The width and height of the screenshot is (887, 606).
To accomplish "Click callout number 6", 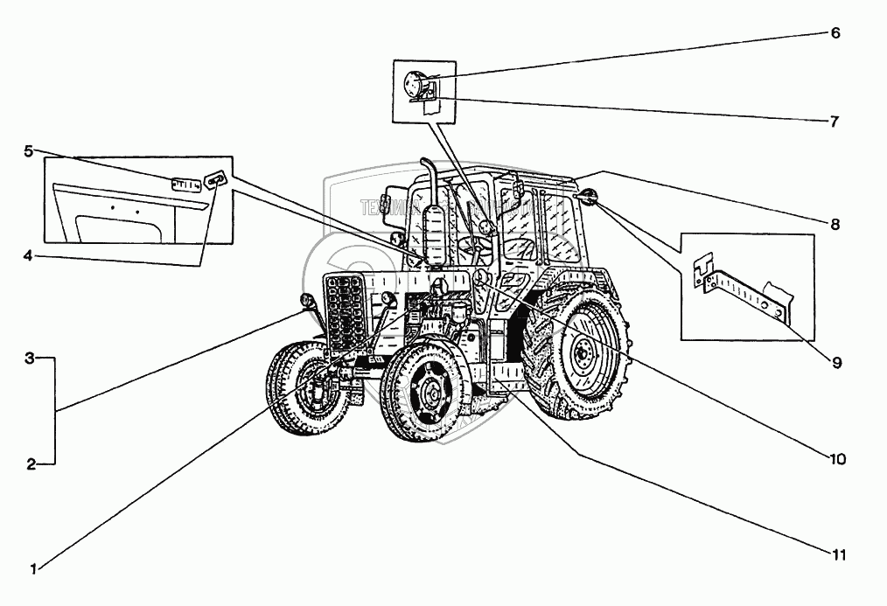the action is coord(835,33).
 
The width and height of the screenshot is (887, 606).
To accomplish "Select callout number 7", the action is coord(835,122).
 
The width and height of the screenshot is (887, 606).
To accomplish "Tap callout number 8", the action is coord(835,224).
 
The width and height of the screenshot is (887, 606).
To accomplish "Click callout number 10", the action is coord(839,458).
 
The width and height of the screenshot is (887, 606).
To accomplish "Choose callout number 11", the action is coord(838,553).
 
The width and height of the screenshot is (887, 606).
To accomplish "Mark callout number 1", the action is coord(33,569).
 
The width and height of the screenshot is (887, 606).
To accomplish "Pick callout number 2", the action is coord(31,464).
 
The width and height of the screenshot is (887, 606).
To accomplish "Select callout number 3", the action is coord(30,359).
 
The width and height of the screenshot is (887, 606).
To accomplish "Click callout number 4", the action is coord(29,256).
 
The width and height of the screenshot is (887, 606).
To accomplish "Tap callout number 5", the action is coord(29,151).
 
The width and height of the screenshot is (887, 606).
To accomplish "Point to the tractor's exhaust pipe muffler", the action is coord(435,232).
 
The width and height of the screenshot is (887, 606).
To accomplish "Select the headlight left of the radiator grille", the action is coord(307,302).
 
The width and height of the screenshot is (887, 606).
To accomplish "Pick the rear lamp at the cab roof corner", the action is coord(586,196).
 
